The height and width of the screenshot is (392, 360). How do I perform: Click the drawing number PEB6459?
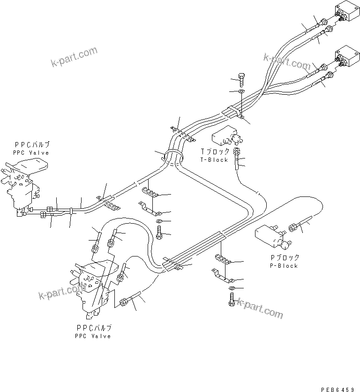(339, 389)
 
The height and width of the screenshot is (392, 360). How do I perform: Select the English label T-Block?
(214, 160)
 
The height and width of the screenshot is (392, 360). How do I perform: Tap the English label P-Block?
(284, 266)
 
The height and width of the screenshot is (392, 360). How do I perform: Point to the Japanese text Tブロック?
(215, 151)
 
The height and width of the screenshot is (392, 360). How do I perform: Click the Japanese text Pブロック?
(285, 257)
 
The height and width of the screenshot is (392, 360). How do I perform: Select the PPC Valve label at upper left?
(31, 153)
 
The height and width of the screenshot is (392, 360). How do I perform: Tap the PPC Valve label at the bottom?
(93, 336)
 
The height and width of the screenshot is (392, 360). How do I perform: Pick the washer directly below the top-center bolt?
(241, 91)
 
